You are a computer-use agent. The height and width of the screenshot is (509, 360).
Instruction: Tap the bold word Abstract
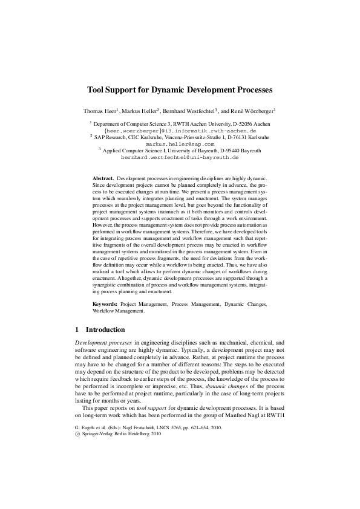(103, 180)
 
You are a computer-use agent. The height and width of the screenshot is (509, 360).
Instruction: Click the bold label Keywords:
(106, 305)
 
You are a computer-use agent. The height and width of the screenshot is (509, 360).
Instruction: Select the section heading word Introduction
(105, 330)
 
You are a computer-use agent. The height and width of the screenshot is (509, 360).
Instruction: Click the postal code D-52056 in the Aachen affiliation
(239, 124)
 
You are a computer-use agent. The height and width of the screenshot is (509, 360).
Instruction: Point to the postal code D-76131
(231, 138)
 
